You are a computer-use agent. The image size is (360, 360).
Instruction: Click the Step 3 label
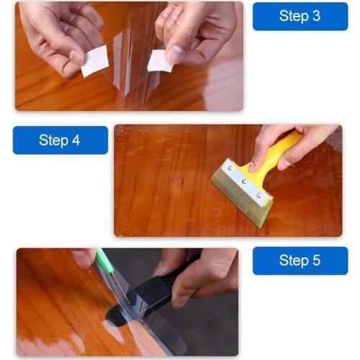pyautogui.click(x=300, y=16)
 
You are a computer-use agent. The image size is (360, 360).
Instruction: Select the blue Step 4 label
pyautogui.click(x=60, y=140)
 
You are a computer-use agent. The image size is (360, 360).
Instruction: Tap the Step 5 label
pyautogui.click(x=300, y=261)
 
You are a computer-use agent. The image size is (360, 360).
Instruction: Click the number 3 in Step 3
pyautogui.click(x=315, y=16)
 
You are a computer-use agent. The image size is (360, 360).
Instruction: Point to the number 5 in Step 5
pyautogui.click(x=315, y=261)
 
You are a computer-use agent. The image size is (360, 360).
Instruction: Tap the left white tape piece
pyautogui.click(x=94, y=61)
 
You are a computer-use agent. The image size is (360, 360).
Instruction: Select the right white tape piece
pyautogui.click(x=160, y=60)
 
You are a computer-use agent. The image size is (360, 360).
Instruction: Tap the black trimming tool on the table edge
pyautogui.click(x=148, y=295)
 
